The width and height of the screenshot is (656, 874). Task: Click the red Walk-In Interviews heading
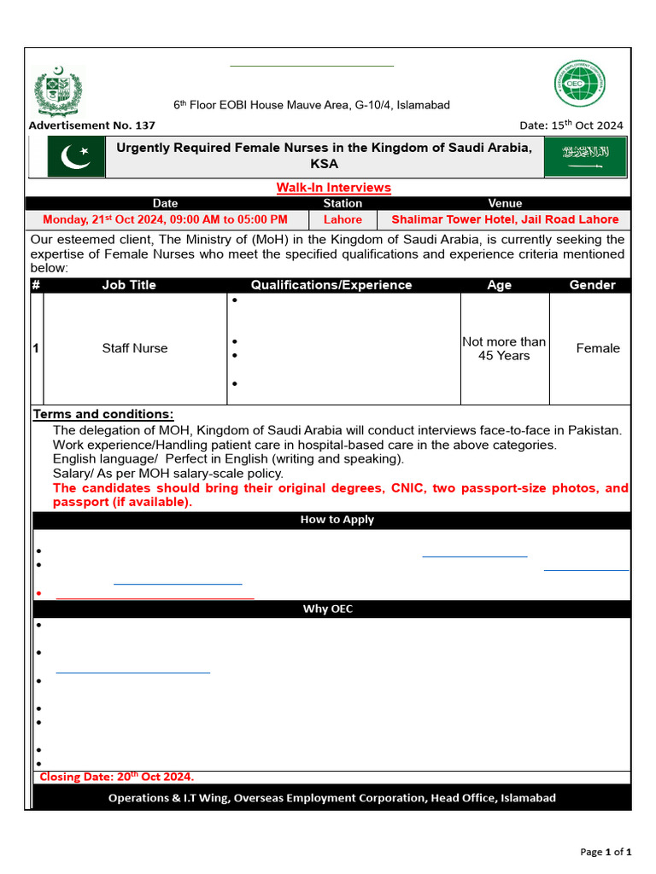coord(333,188)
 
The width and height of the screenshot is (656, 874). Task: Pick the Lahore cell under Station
coord(343,219)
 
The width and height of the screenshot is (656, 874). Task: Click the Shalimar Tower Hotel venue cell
coord(505,219)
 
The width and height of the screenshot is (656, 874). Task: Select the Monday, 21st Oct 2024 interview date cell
coord(165,219)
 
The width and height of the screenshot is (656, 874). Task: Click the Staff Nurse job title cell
coord(135,348)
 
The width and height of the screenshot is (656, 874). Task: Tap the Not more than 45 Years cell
coord(504,348)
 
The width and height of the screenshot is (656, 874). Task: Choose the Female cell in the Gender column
coord(598,348)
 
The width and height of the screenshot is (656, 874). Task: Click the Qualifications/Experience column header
coord(331,285)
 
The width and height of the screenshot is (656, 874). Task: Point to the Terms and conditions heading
coord(103,415)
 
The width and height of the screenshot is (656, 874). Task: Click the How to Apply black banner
coord(337,520)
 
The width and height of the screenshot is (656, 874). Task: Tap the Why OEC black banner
coord(328,609)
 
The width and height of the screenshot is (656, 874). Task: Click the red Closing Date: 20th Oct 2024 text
coord(117,777)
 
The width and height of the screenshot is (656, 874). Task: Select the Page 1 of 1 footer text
coord(606,852)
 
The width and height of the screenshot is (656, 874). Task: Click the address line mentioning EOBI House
coord(312,105)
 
